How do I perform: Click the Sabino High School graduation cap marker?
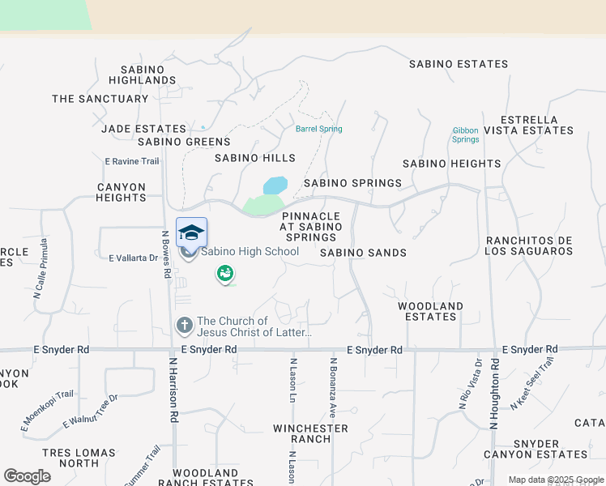pos(191,232)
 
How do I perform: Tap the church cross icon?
pos(184,326)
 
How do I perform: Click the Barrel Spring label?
pos(318,129)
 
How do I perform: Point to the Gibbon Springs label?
pos(465,134)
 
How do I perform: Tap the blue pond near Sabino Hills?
pos(275,185)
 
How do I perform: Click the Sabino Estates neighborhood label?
pos(459,64)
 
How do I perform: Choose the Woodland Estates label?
pos(430,311)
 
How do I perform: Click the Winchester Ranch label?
pos(310,433)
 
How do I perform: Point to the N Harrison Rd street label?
pos(173,391)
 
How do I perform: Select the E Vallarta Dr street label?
pos(133,258)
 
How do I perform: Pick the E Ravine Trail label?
pos(132,161)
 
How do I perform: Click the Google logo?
pos(27,476)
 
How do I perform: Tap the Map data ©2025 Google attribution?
pos(555,480)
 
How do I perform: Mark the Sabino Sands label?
pos(363,253)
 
